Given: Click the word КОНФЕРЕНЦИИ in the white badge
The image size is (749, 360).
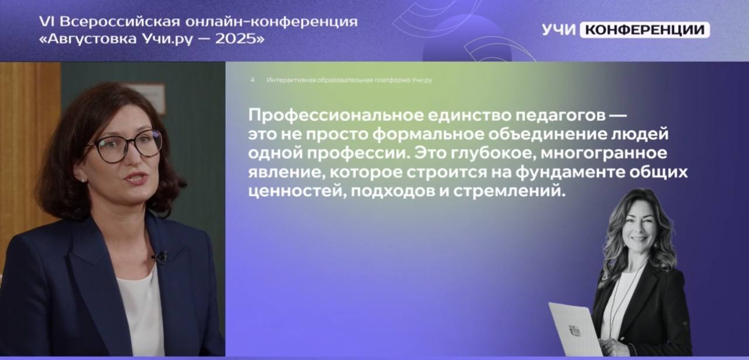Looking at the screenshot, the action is (x=644, y=30).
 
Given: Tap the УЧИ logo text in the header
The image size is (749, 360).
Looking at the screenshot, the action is (x=559, y=30).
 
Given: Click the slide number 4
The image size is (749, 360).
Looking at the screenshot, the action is (x=252, y=80).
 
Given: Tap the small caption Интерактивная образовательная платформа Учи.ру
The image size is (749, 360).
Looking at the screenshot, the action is (x=349, y=80).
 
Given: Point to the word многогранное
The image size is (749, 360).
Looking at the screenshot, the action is (x=603, y=153).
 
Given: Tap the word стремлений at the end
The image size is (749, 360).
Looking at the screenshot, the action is (x=509, y=191).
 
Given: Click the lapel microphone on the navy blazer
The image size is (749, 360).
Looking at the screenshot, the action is (x=160, y=257).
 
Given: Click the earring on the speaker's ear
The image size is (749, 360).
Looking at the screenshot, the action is (x=83, y=180).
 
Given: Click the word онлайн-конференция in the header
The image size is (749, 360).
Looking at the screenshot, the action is (x=271, y=22).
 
